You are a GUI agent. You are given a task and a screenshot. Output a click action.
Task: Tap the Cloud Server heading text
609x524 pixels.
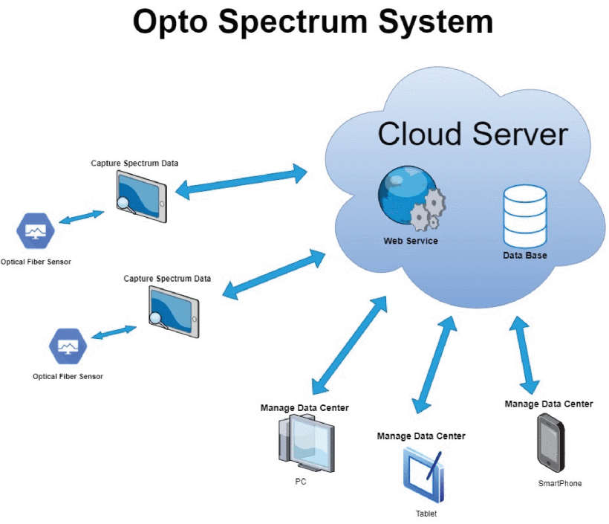(472, 135)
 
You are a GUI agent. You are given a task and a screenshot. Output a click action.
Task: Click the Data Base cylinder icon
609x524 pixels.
(525, 217)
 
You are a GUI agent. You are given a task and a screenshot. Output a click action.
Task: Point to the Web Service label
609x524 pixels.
(411, 241)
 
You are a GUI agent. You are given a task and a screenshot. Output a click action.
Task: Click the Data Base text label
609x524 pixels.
(525, 256)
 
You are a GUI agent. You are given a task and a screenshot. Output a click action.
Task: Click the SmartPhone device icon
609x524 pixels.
(550, 442)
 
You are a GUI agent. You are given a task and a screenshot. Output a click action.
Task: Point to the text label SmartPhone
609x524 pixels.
(560, 483)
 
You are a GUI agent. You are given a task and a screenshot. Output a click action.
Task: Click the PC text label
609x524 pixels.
(301, 482)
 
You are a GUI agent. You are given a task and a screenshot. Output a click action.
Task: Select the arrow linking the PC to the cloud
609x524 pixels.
(349, 345)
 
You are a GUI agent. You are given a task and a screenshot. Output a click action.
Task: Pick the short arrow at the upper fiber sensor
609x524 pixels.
(82, 218)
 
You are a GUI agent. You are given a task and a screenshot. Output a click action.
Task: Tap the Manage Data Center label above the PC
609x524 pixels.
(304, 408)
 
